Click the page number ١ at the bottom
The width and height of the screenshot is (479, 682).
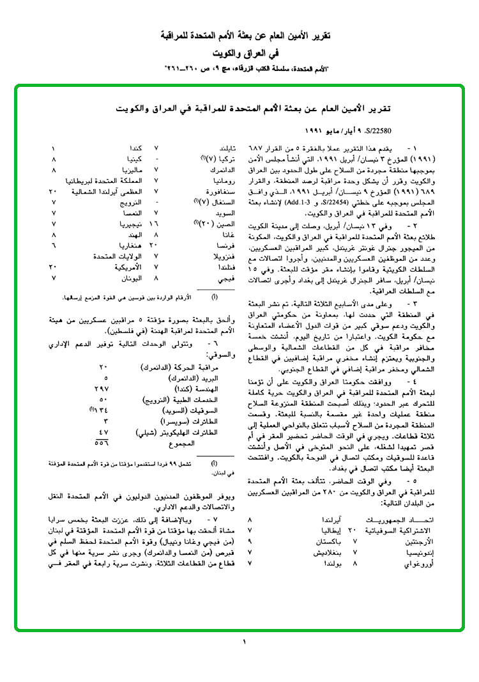coord(244,641)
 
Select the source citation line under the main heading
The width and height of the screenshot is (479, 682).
coord(244,66)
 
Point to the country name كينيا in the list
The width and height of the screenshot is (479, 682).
coord(133,158)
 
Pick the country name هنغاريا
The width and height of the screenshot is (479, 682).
coord(130,245)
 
